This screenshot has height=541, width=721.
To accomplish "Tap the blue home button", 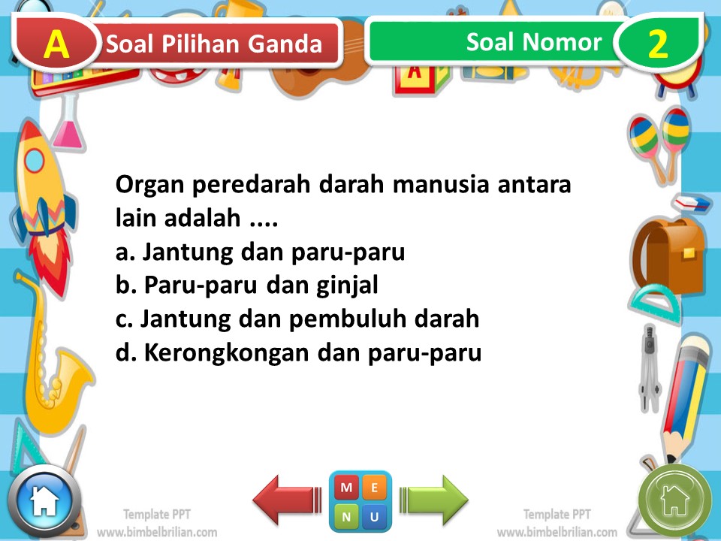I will coord(44,500).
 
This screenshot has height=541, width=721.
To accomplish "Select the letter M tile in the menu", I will coord(346,488).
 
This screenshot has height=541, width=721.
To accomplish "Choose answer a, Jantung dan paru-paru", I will coord(260,252).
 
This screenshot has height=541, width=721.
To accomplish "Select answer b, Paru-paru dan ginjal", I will coord(246,286).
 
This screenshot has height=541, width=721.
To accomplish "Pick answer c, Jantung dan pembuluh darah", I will coord(297,319).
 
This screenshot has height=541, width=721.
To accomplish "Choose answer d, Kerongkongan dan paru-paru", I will coord(298,352).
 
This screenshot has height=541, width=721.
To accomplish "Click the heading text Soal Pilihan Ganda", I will coord(215,44).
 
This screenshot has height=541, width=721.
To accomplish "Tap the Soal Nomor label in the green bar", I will coord(533,42).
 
